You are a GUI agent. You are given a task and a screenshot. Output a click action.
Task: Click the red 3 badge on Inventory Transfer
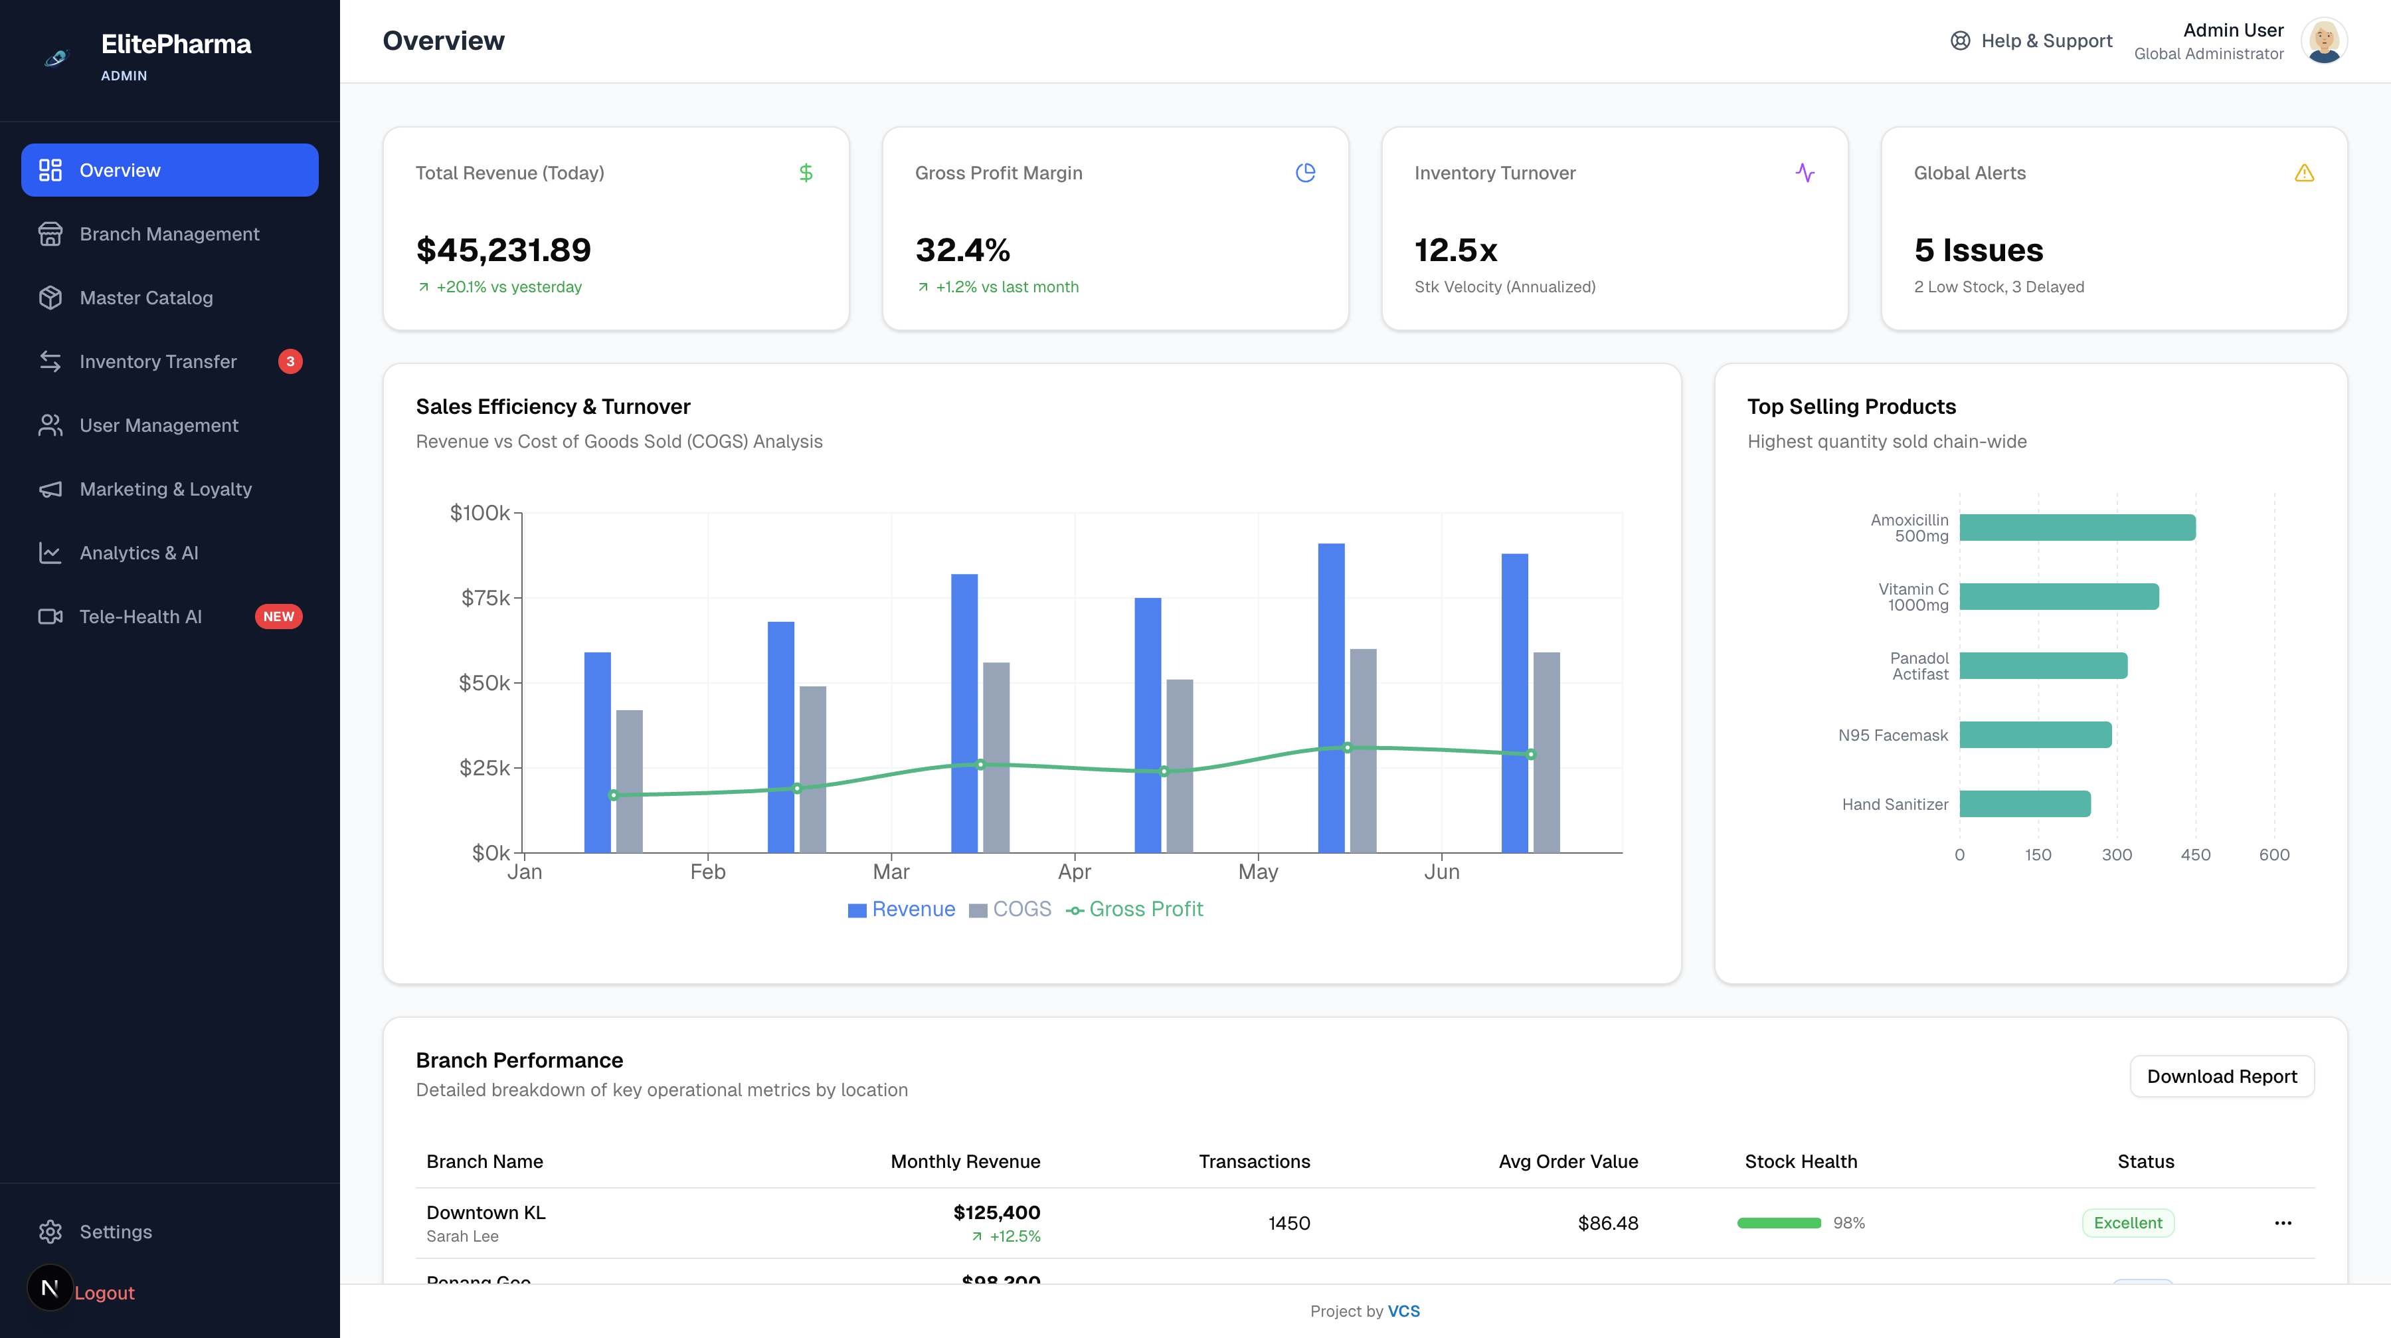tap(290, 361)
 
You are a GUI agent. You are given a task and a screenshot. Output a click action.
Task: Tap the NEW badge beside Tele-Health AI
tap(278, 617)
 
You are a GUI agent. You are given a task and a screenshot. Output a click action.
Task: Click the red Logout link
tap(104, 1293)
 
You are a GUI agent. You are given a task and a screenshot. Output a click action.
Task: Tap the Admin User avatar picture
tap(2323, 41)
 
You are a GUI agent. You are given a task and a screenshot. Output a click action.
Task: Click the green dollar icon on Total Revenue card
tap(806, 173)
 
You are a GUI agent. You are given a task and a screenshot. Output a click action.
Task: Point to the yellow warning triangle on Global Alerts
tap(2304, 173)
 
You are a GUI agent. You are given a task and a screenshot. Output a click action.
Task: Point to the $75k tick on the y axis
tap(486, 598)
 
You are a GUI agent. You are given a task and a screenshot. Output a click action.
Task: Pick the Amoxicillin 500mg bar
tap(2078, 527)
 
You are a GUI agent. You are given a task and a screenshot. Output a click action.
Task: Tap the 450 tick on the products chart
tap(2195, 854)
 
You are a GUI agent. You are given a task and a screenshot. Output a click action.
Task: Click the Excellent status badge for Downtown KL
tap(2127, 1223)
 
